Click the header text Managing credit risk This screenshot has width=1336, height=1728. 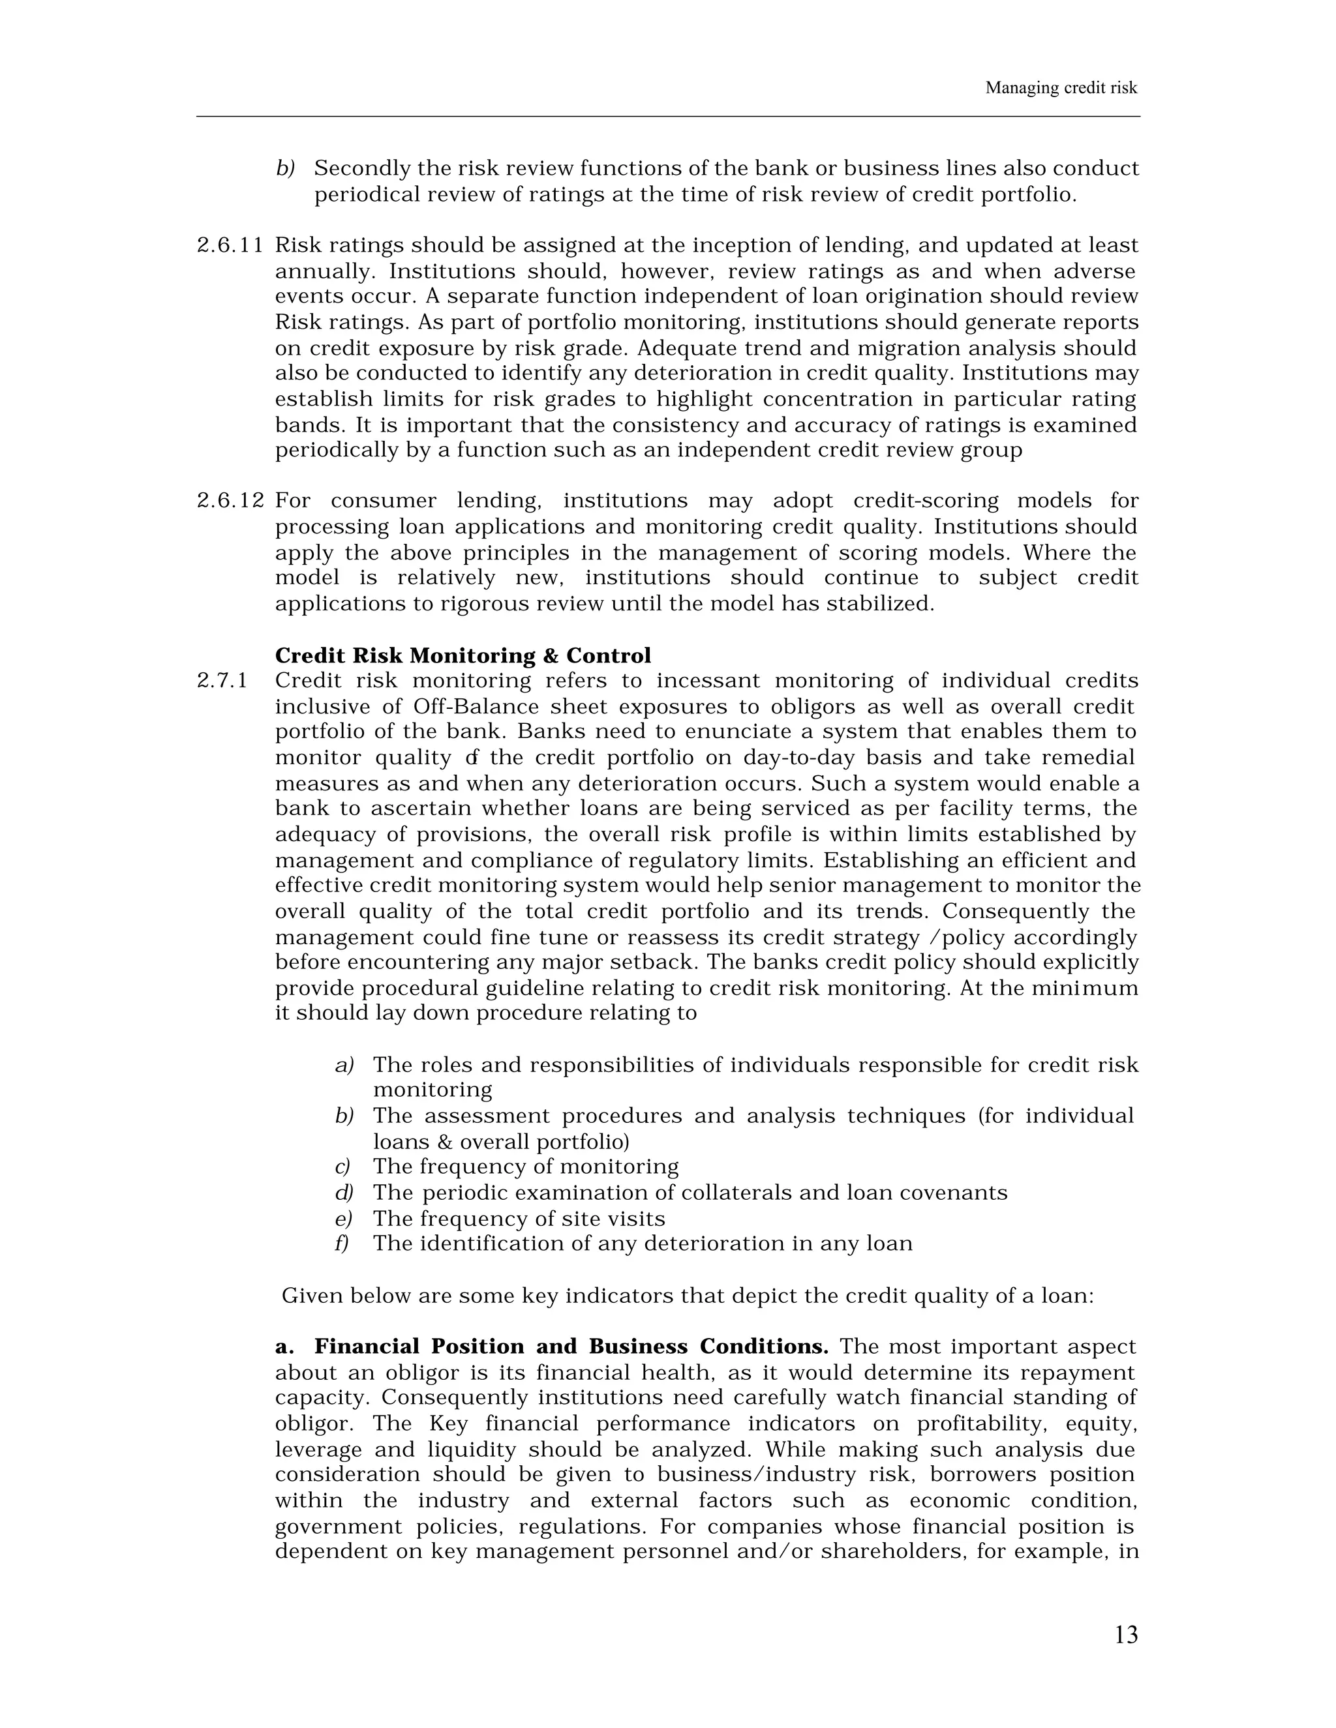coord(1061,88)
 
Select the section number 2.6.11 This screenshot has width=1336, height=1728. coord(230,246)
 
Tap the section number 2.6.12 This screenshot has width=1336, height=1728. coord(230,501)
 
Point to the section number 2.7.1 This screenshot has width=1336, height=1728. coord(222,681)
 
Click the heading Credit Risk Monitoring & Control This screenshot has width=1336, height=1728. coord(463,656)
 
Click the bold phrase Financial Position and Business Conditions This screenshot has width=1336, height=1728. coord(571,1347)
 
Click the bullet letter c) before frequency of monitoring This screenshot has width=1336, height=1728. coord(342,1167)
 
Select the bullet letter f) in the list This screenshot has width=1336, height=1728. coord(342,1244)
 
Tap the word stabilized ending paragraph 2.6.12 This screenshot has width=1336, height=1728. coord(879,604)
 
